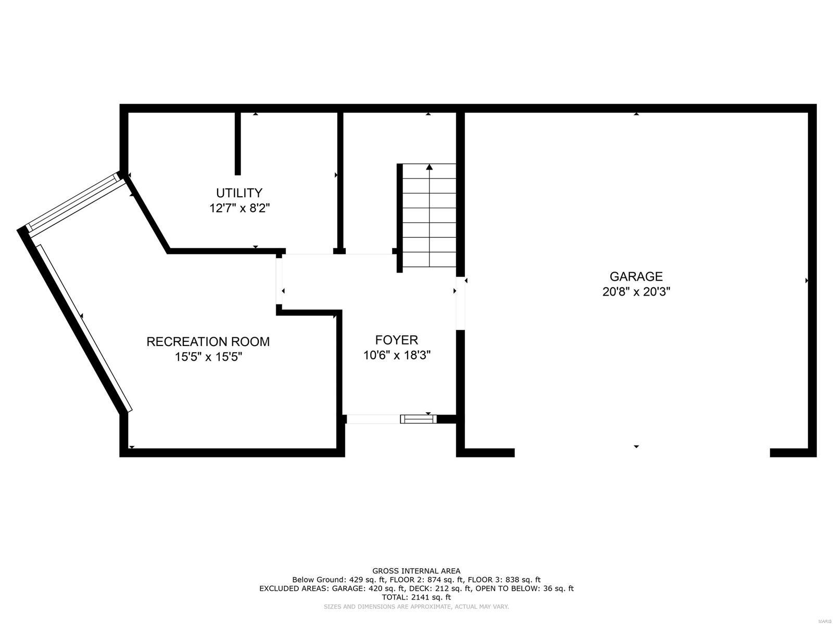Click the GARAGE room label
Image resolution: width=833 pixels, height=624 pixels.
(636, 276)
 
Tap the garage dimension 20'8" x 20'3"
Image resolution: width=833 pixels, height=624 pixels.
(636, 292)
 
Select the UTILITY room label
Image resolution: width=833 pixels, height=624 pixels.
(239, 193)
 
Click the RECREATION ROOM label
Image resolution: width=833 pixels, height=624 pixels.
(208, 342)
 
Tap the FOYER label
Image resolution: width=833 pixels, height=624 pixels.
(397, 340)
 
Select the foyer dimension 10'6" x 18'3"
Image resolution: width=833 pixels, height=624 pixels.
(397, 355)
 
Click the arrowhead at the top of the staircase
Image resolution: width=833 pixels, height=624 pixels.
(430, 167)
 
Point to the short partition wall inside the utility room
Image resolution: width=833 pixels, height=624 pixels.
(238, 143)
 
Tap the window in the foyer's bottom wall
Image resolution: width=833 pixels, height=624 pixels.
(418, 419)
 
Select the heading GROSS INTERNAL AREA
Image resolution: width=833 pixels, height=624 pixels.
(416, 571)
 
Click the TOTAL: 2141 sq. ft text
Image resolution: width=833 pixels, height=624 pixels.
(416, 597)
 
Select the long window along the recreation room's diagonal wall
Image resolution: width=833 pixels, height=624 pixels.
(83, 328)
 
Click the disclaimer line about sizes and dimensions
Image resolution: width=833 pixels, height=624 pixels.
(416, 607)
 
